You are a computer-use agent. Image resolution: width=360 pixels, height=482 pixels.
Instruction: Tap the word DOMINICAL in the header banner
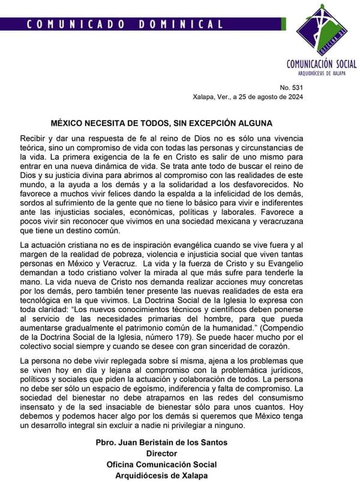tap(181, 25)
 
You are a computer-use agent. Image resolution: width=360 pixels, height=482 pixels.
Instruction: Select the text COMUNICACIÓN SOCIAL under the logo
tap(321, 64)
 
